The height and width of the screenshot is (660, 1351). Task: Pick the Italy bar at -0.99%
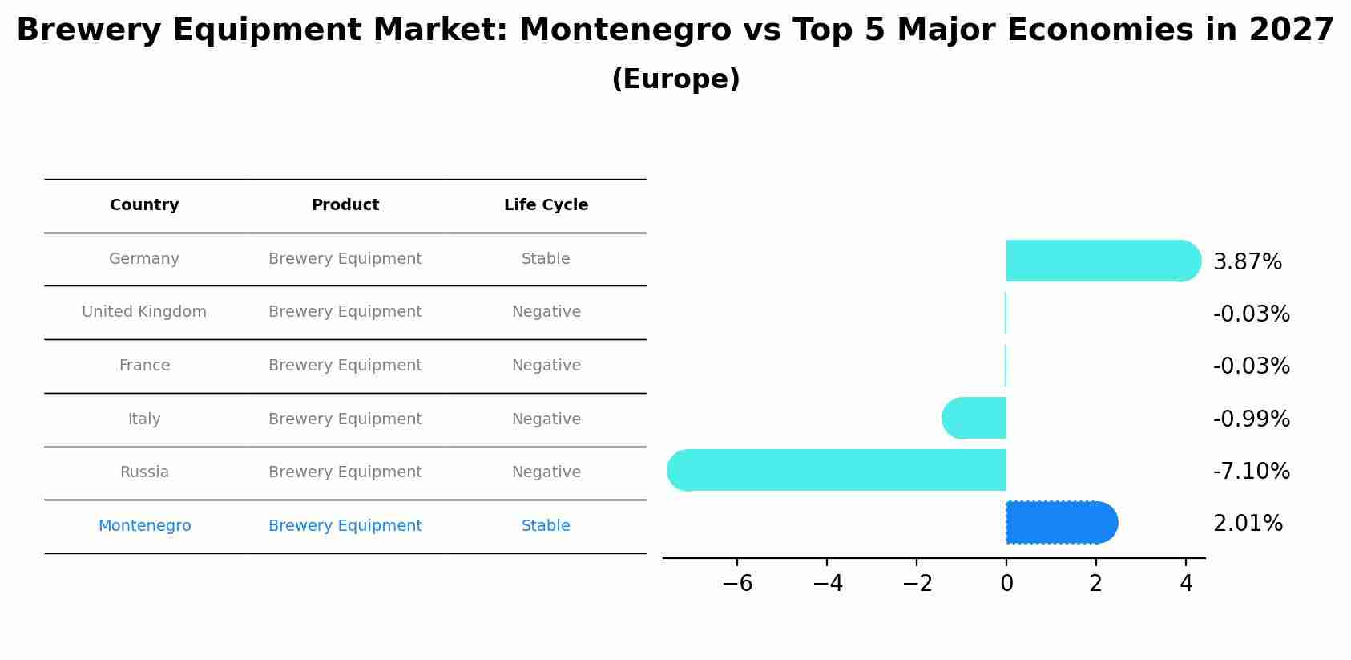pyautogui.click(x=974, y=418)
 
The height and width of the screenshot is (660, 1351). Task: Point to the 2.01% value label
pyautogui.click(x=1248, y=524)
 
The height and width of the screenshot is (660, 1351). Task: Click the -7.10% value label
pyautogui.click(x=1251, y=471)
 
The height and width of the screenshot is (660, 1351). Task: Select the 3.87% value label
pyautogui.click(x=1247, y=262)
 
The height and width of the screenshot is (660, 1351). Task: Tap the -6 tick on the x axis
pyautogui.click(x=737, y=584)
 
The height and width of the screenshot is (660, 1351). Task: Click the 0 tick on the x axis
pyautogui.click(x=1006, y=584)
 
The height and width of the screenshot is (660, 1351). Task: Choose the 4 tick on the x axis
pyautogui.click(x=1186, y=584)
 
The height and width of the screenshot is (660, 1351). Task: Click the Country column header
pyautogui.click(x=144, y=205)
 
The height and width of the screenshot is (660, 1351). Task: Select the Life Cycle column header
pyautogui.click(x=546, y=205)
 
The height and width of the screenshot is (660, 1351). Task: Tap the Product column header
pyautogui.click(x=345, y=205)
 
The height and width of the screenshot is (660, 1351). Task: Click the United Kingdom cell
pyautogui.click(x=144, y=312)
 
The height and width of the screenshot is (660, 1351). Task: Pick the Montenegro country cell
pyautogui.click(x=144, y=526)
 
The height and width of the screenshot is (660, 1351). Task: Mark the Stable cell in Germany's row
pyautogui.click(x=546, y=259)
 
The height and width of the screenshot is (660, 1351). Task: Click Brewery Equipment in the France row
pyautogui.click(x=345, y=366)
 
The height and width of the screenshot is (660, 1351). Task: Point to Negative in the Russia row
pyautogui.click(x=546, y=472)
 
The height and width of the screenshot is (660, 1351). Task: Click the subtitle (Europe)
pyautogui.click(x=675, y=79)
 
